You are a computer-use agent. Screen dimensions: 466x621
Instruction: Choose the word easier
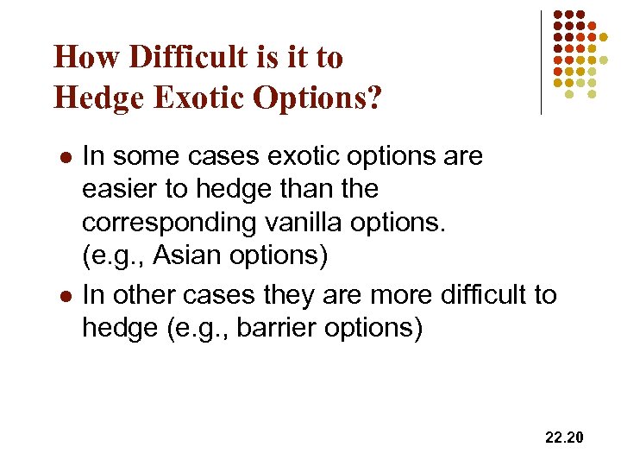pyautogui.click(x=120, y=188)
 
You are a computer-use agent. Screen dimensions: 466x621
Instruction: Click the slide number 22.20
pyautogui.click(x=564, y=438)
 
